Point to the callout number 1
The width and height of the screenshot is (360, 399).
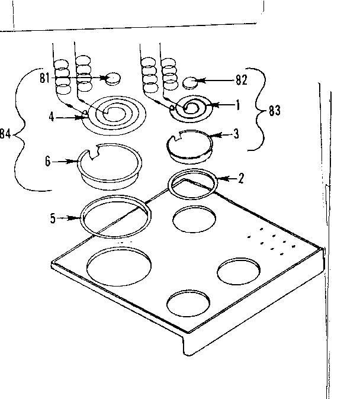[x=237, y=106]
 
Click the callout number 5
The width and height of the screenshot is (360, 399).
[x=53, y=218]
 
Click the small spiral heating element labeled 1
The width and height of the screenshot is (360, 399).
[x=192, y=107]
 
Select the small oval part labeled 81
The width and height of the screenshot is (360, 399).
[x=112, y=77]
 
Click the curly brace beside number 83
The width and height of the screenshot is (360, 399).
[x=259, y=111]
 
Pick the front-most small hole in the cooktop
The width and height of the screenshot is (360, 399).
[x=189, y=304]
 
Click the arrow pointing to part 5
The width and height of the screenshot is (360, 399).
[x=70, y=218]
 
